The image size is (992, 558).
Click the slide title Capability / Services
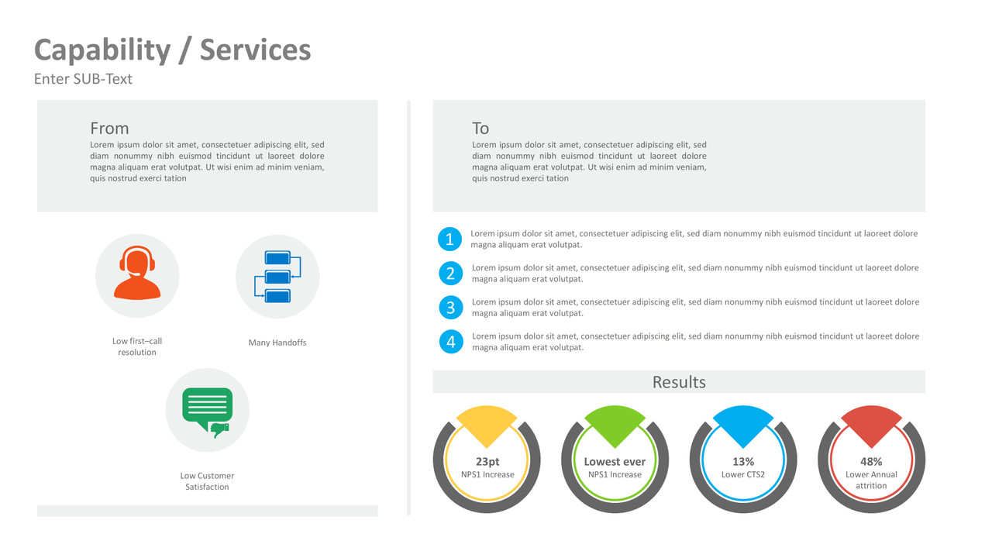[172, 50]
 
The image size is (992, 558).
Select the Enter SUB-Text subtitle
[83, 79]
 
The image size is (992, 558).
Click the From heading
[109, 129]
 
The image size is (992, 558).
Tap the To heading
[480, 129]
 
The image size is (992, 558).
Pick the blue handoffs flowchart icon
[277, 276]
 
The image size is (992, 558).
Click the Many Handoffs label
[277, 343]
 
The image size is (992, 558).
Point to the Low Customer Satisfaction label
[207, 481]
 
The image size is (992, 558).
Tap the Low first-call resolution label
[137, 346]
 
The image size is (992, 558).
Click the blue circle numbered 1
[449, 239]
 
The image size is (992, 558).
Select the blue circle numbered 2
[450, 274]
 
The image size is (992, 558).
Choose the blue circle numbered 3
[450, 308]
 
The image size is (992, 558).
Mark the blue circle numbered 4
[450, 342]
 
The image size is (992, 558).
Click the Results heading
[679, 382]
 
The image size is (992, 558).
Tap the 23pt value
[487, 462]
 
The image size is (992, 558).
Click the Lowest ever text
[615, 462]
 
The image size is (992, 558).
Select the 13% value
[743, 462]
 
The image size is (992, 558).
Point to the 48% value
[871, 462]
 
